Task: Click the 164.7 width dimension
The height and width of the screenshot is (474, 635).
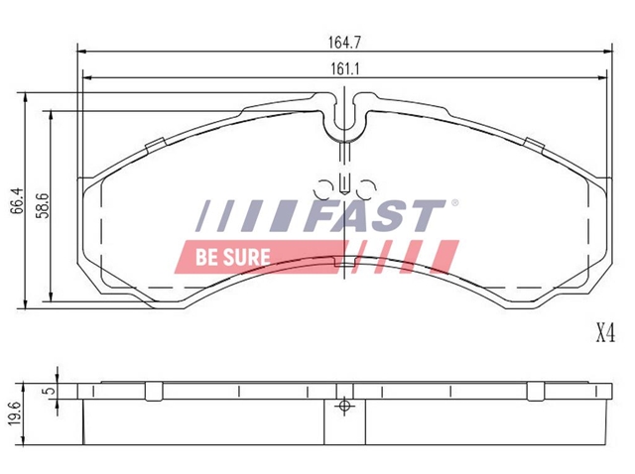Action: [344, 43]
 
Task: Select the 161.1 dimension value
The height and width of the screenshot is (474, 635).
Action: [345, 68]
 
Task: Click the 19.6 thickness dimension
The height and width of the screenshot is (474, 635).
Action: [15, 414]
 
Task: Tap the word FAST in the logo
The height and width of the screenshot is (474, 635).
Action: [375, 215]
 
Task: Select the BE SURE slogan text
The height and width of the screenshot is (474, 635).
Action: [232, 257]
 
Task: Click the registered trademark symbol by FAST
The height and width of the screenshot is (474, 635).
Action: [454, 203]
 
